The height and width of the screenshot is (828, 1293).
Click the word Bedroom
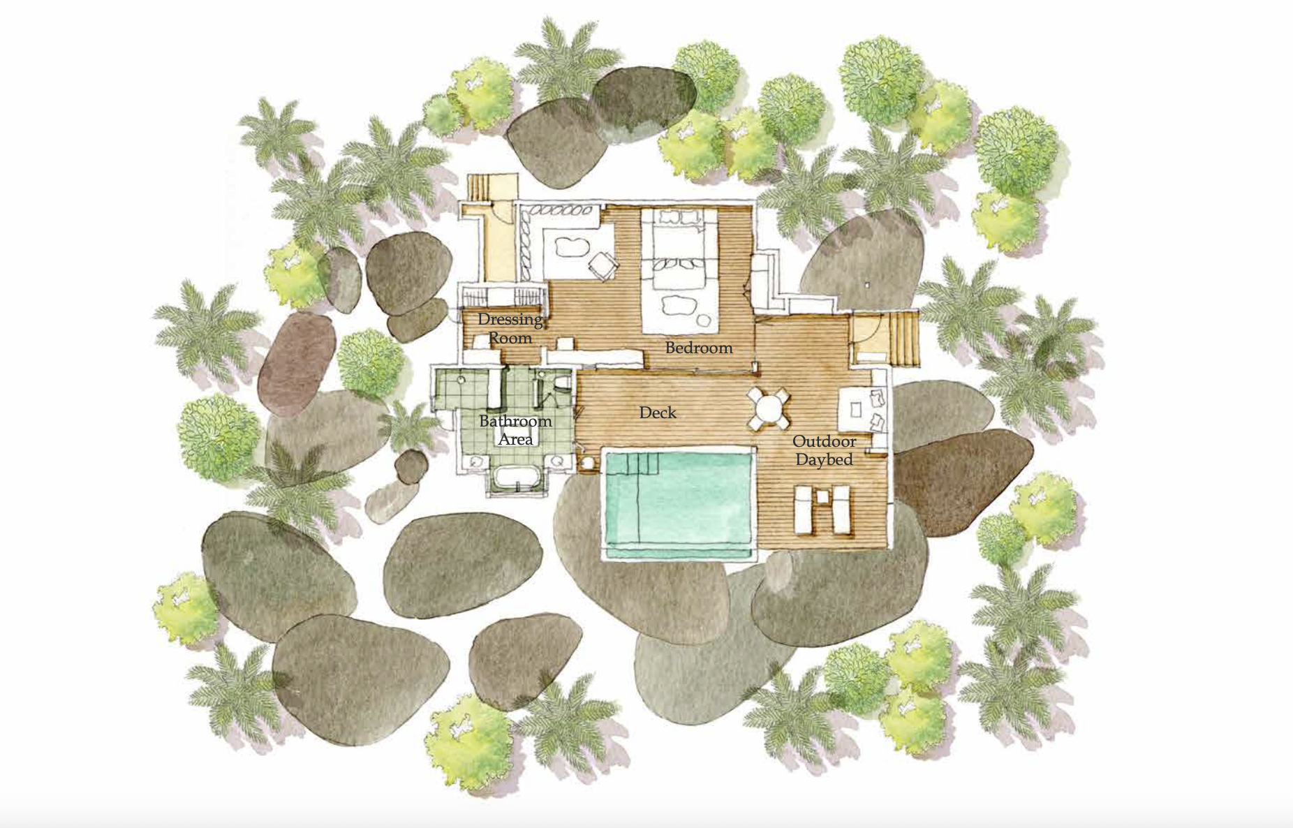[698, 348]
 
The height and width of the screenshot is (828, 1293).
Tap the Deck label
[658, 413]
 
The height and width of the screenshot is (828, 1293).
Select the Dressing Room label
[510, 328]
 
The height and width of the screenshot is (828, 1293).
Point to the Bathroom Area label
[515, 430]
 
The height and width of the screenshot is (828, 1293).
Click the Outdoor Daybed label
[825, 450]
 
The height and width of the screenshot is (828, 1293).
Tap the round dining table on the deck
[769, 409]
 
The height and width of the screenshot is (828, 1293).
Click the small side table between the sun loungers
[822, 497]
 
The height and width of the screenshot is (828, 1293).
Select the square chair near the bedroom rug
[603, 265]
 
